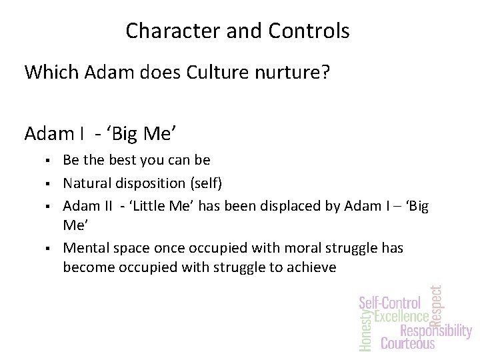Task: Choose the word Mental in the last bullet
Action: (x=85, y=248)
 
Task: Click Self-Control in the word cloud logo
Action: (x=390, y=302)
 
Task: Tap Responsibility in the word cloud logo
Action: (x=435, y=331)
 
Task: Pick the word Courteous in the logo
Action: (x=407, y=344)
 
